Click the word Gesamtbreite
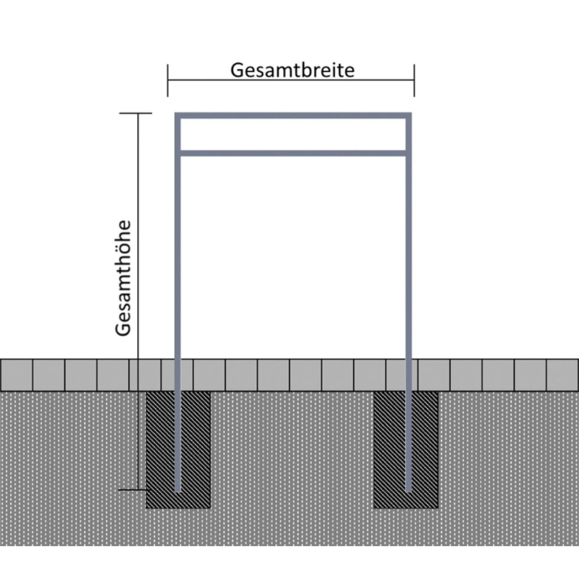click(292, 70)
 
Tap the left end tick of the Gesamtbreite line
click(168, 80)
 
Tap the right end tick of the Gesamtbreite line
click(414, 80)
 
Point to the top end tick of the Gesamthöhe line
click(137, 114)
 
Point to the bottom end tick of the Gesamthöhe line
click(137, 489)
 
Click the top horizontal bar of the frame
click(292, 116)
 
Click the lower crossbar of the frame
click(292, 153)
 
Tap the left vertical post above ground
click(178, 254)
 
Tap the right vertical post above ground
click(408, 254)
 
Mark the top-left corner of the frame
click(178, 116)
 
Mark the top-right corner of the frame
click(408, 116)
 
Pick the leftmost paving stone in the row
click(16, 375)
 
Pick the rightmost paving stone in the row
click(563, 375)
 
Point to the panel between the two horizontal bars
click(292, 135)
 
